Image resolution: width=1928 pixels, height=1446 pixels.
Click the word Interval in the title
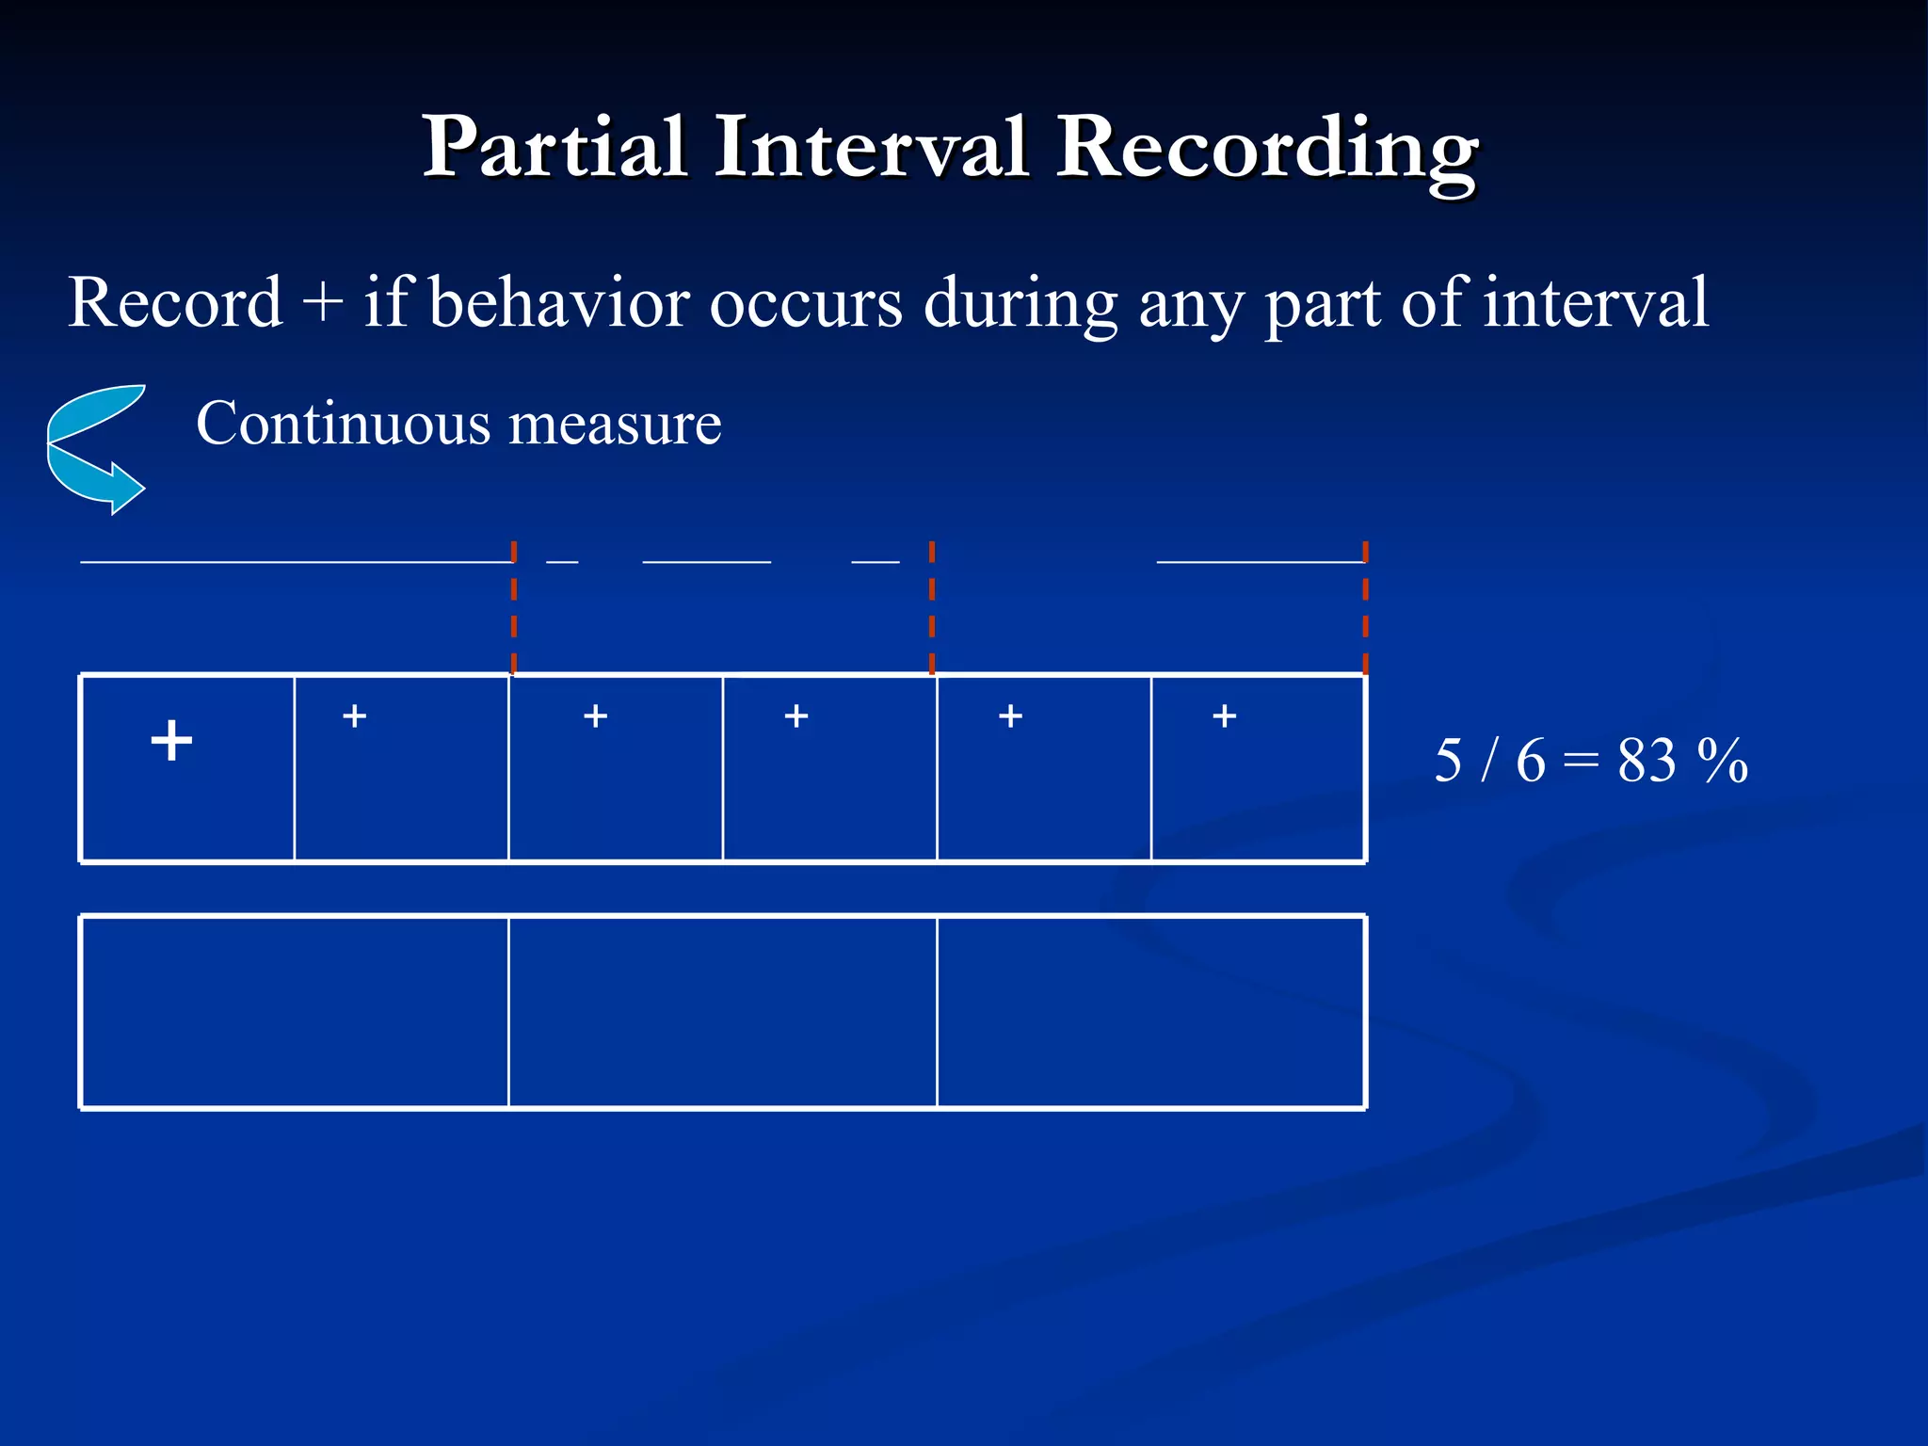(870, 148)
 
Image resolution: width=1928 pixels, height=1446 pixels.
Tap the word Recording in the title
(1266, 151)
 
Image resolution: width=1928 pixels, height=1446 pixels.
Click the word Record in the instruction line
(175, 303)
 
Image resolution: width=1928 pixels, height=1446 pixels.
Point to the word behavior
(559, 303)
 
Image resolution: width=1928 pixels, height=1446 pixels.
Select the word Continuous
(344, 424)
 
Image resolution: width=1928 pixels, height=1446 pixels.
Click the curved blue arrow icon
(96, 448)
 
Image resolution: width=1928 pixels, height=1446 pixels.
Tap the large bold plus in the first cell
(171, 740)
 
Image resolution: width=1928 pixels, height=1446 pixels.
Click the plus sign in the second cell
(354, 716)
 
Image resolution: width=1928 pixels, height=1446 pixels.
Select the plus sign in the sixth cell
(1224, 716)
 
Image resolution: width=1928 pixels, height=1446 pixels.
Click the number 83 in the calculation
(1647, 761)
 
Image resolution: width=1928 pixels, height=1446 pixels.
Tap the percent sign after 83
(1723, 761)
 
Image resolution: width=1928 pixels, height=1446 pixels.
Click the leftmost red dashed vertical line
(514, 607)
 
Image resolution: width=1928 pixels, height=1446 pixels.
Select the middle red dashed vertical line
(932, 607)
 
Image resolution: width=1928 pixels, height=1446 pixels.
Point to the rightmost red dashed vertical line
(1365, 607)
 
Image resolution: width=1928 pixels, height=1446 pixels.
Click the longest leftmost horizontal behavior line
(297, 562)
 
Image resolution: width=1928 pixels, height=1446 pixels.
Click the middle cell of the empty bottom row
(722, 1012)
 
